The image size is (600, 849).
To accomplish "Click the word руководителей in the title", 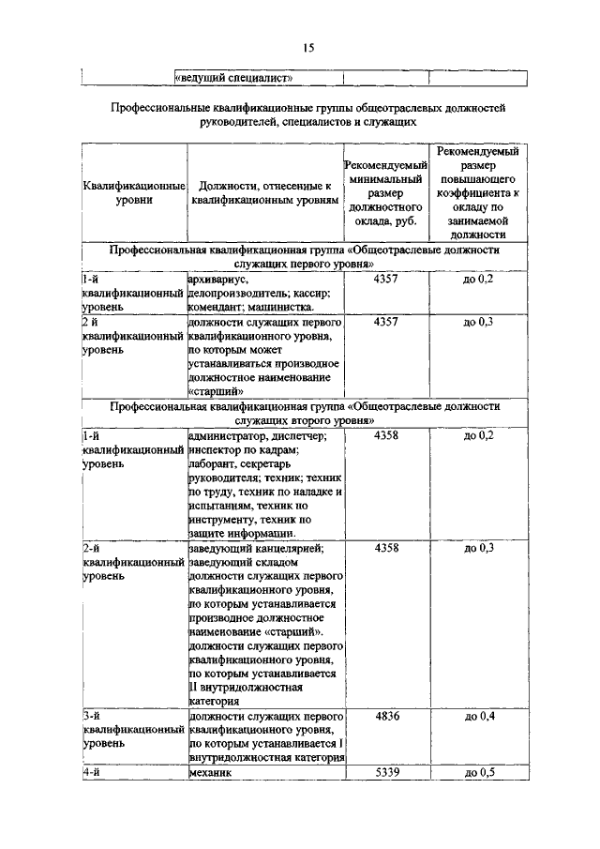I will coord(240,121).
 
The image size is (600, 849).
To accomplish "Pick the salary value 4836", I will coord(386,716).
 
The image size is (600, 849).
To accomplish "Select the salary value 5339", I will coord(386,773).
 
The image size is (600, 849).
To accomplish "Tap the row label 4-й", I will coord(91,773).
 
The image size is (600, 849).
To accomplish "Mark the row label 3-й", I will coord(91,716).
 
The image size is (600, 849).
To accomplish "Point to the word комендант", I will coord(215,306).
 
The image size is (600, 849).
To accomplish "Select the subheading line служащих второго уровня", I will coord(305,423).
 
